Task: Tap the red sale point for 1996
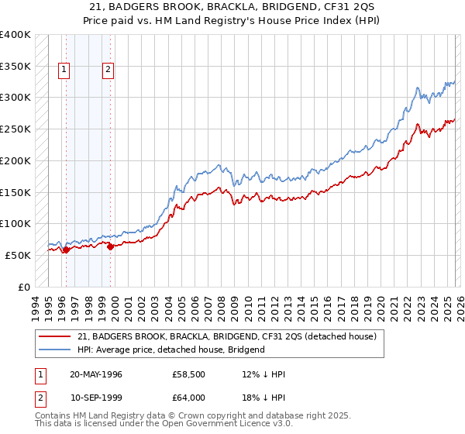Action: coord(66,250)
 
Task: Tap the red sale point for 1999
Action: coord(110,246)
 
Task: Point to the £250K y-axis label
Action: coord(15,129)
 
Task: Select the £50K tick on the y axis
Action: coord(18,255)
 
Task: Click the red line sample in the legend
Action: coord(56,336)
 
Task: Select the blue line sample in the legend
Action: coord(56,350)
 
